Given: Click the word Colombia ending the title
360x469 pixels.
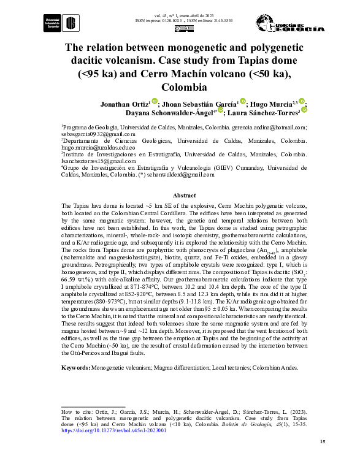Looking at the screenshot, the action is [x=180, y=87].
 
